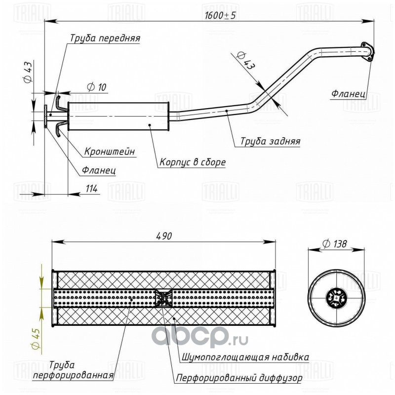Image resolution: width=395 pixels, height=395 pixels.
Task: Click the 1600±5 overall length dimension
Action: click(x=220, y=16)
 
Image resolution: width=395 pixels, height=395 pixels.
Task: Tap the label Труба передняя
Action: click(x=105, y=39)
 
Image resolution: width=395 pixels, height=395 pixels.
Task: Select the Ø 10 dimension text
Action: click(x=97, y=87)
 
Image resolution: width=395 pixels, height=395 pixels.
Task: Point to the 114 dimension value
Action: click(x=92, y=189)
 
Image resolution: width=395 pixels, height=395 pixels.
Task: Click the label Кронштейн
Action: click(x=110, y=152)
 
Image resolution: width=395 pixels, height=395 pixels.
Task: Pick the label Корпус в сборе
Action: click(x=193, y=162)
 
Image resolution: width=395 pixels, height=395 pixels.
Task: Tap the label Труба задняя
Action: click(x=270, y=141)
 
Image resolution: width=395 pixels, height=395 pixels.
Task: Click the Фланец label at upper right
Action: click(x=349, y=94)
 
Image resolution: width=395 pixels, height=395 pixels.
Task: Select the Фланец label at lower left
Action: click(x=99, y=171)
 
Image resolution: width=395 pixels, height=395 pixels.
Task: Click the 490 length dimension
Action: click(x=164, y=236)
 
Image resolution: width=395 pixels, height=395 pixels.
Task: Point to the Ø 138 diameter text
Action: click(x=335, y=243)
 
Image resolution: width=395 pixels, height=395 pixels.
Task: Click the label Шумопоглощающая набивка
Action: click(x=245, y=357)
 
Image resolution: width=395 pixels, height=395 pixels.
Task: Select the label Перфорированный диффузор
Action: click(x=239, y=378)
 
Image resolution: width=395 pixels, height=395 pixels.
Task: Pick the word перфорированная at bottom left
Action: click(x=73, y=376)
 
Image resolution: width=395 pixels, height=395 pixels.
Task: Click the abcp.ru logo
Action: click(x=199, y=336)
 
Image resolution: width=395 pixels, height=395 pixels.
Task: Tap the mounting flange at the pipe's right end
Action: click(x=367, y=52)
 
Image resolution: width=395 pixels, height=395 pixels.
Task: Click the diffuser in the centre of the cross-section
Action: click(x=163, y=298)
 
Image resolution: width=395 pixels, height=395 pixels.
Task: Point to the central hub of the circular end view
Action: click(x=336, y=298)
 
